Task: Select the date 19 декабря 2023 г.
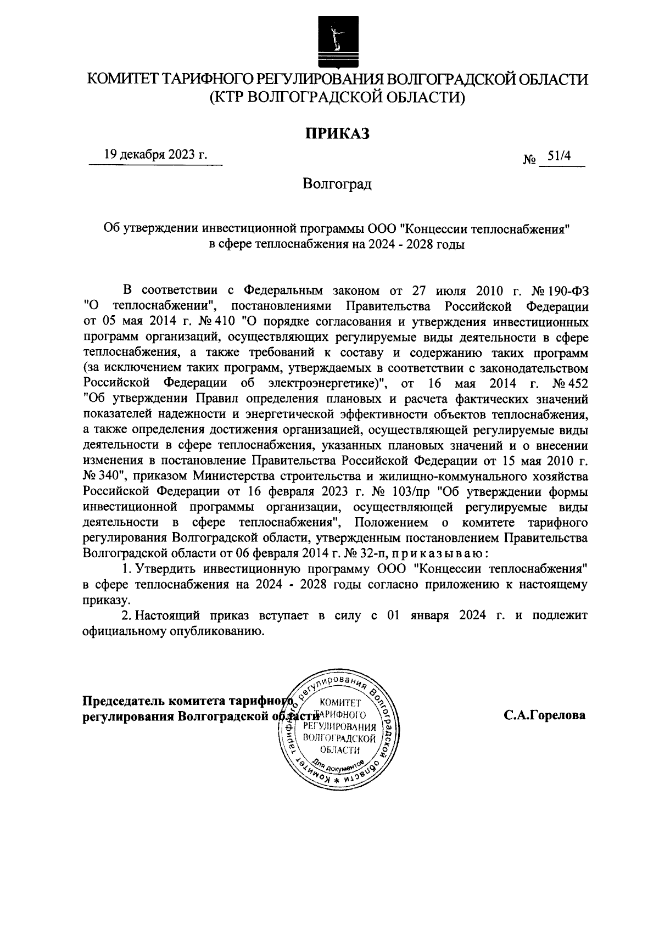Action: (156, 155)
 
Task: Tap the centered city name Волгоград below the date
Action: (337, 183)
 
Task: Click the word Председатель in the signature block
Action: (124, 701)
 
